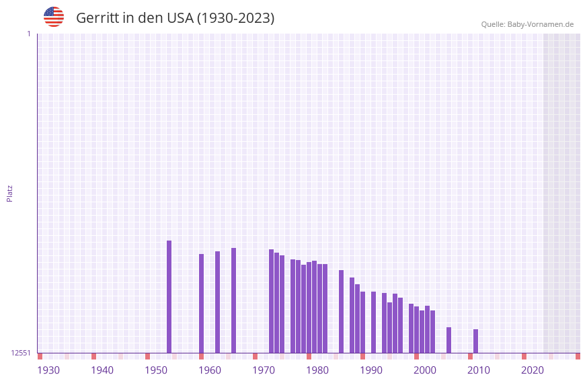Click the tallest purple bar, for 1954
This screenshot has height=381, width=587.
169,296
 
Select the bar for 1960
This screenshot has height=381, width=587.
201,303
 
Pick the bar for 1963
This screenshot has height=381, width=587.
217,302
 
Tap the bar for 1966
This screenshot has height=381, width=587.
233,300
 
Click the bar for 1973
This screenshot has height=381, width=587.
271,301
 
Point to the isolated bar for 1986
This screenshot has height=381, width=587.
341,311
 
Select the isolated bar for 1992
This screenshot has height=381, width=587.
373,322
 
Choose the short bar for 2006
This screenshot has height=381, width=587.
448,340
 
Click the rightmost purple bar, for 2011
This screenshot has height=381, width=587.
475,341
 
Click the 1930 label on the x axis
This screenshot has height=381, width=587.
48,370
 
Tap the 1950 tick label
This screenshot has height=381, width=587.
156,370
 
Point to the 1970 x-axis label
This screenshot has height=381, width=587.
264,370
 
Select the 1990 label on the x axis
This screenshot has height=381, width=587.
371,370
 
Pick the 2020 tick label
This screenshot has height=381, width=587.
533,370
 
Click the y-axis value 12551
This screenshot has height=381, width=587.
20,353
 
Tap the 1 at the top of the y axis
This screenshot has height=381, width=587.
28,34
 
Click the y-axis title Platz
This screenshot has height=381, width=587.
9,193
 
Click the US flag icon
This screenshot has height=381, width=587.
54,17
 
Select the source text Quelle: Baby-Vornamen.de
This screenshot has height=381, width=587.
527,24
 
